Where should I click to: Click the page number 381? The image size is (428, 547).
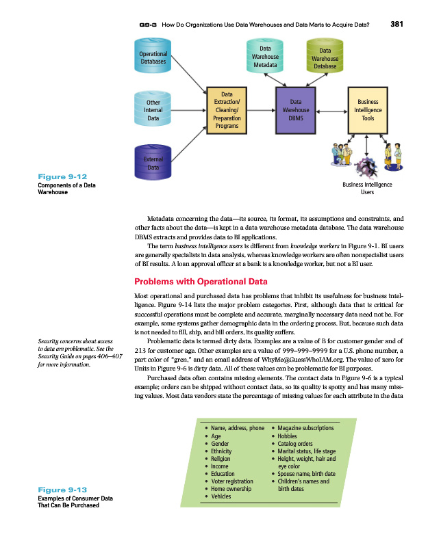pyautogui.click(x=397, y=25)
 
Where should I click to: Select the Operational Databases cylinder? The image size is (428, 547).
pyautogui.click(x=153, y=57)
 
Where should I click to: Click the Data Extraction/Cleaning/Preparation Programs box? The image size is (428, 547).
pyautogui.click(x=227, y=110)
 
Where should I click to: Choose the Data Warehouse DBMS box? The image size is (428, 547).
pyautogui.click(x=296, y=110)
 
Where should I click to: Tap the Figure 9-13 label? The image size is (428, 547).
pyautogui.click(x=62, y=490)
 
